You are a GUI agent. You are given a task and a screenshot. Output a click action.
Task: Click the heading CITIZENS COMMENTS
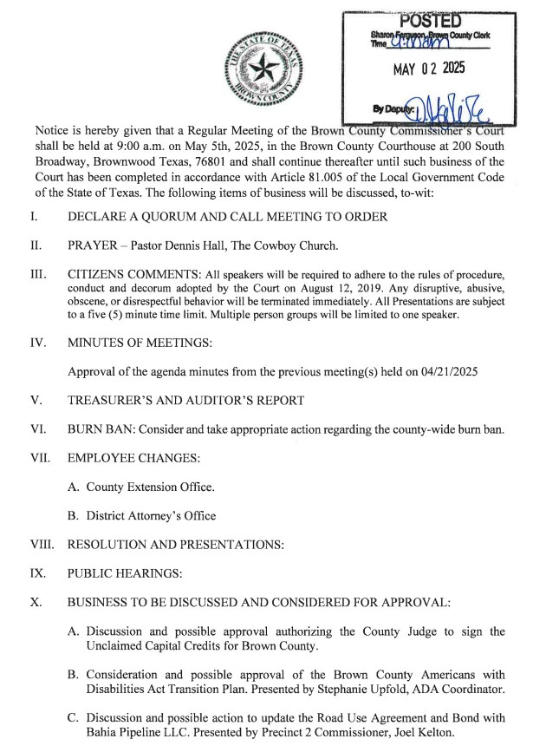coord(124,274)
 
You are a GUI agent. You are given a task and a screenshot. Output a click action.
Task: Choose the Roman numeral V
coord(36,400)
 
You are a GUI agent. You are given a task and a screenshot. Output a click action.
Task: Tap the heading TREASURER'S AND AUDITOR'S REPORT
coord(185,400)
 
